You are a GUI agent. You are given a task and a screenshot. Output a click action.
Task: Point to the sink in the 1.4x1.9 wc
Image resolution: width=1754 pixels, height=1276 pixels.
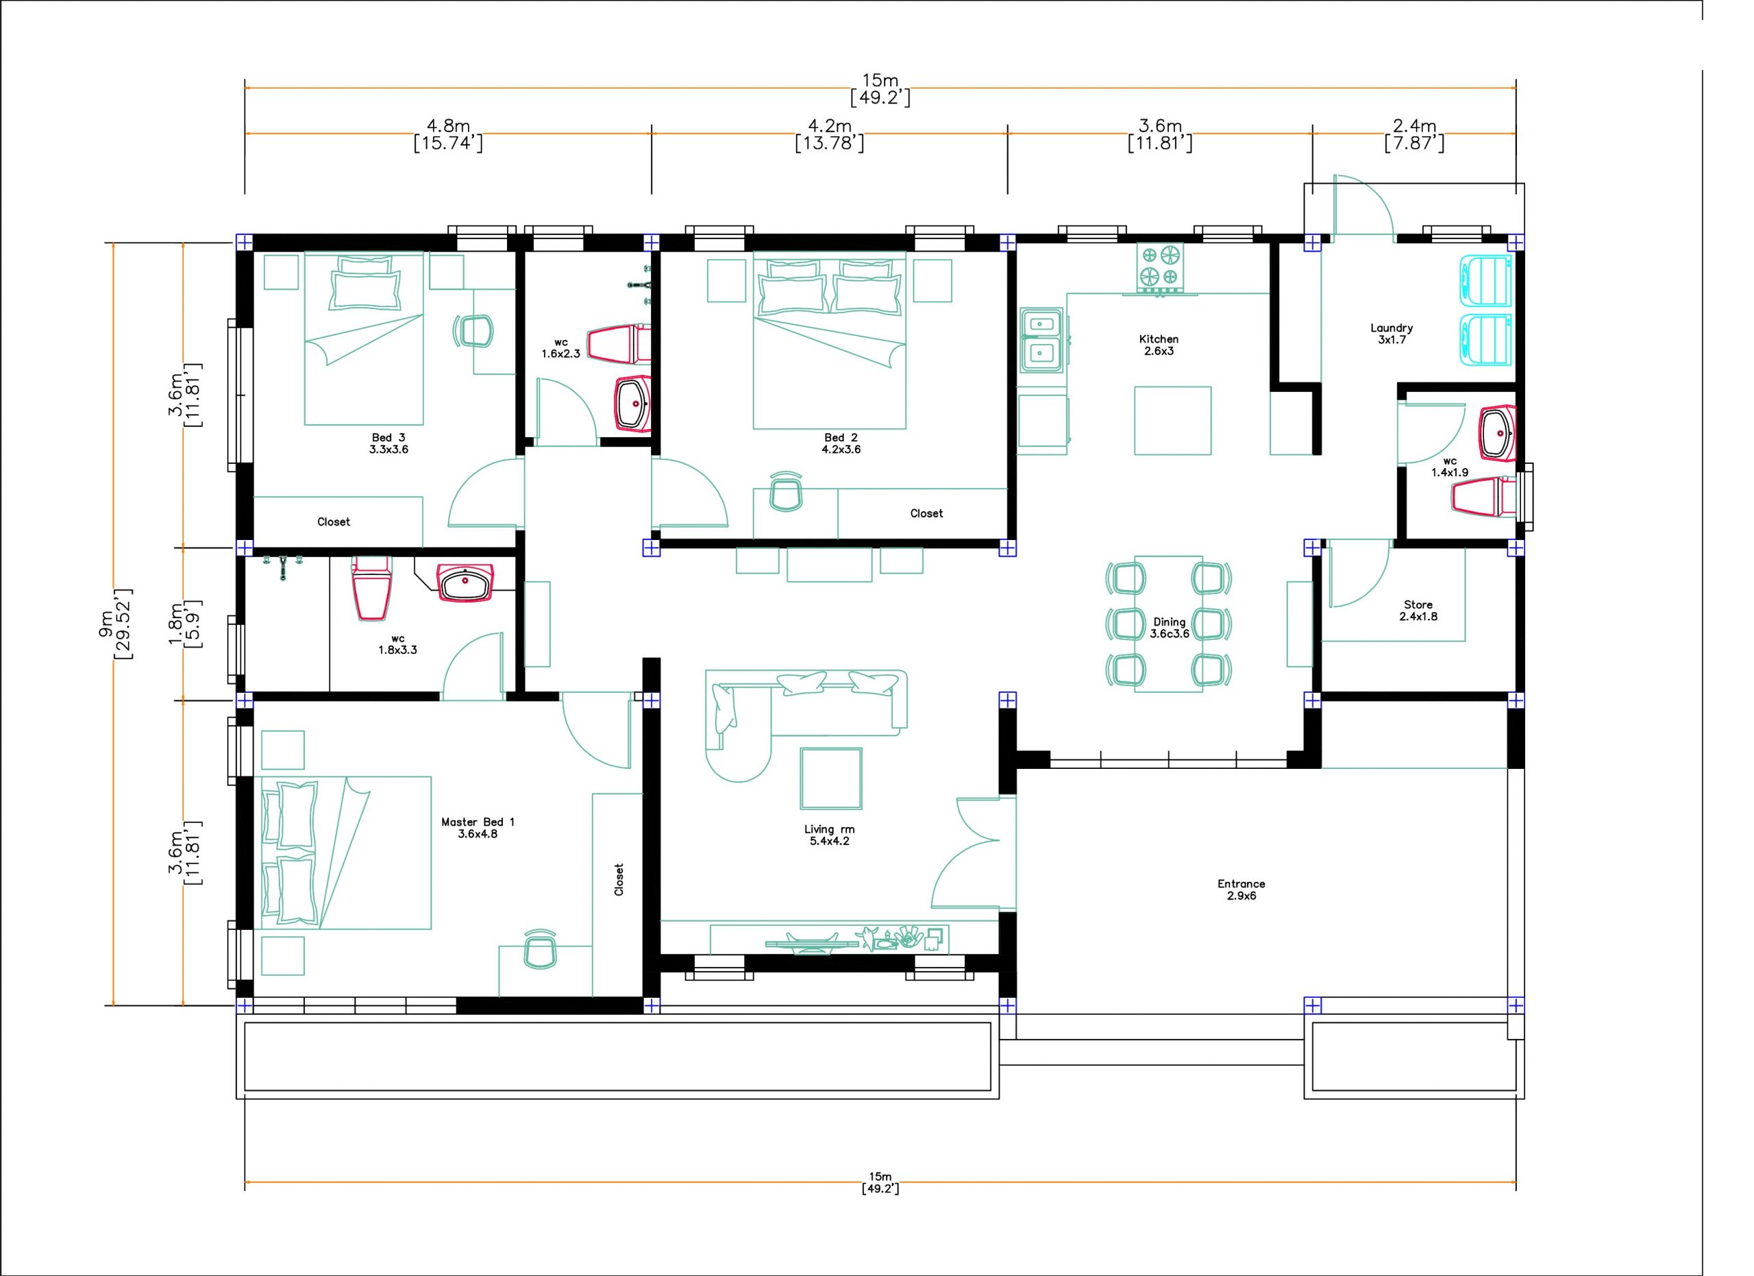point(1497,433)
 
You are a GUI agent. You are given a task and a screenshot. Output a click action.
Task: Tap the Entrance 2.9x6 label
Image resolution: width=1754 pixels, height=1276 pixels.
point(1242,889)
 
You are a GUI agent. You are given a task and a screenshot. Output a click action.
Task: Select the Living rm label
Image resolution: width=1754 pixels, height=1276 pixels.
point(829,835)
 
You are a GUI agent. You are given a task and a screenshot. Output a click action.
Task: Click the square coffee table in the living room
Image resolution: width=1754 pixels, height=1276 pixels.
point(831,778)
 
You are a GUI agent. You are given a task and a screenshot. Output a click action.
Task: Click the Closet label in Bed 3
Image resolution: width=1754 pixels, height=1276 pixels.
point(333,522)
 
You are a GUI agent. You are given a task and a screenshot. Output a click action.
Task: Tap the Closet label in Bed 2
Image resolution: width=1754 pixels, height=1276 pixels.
point(926,513)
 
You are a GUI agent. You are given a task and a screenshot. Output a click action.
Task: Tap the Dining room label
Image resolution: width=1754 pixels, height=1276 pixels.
point(1170,628)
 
